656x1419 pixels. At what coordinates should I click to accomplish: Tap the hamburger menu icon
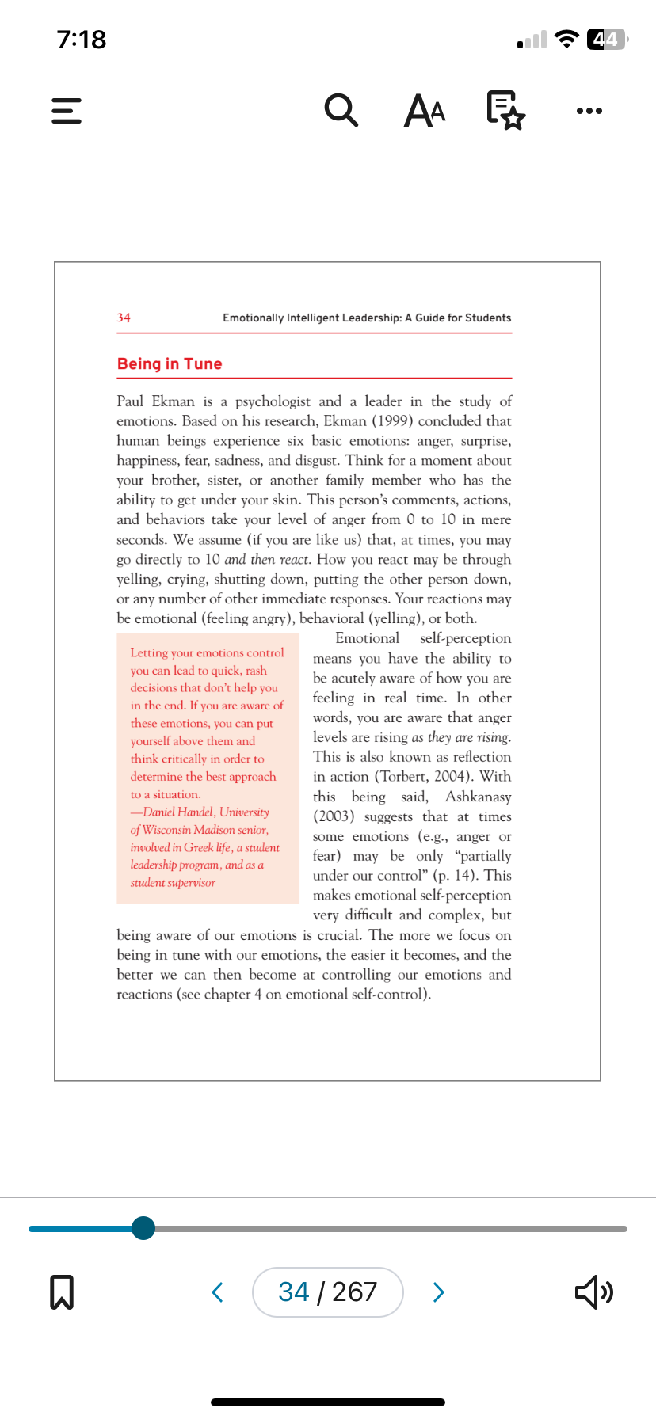[67, 111]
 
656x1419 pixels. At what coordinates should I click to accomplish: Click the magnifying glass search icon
[341, 110]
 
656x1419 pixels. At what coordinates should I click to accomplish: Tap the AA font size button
[425, 110]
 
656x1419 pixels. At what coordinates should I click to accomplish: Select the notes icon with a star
[505, 110]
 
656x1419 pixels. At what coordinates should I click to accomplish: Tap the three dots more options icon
[589, 111]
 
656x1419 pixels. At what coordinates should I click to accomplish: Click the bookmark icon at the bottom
[62, 1292]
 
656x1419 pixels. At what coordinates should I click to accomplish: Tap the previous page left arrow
[218, 1292]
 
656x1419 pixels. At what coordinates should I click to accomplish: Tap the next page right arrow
[438, 1292]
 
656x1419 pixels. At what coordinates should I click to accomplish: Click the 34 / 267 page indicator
[327, 1292]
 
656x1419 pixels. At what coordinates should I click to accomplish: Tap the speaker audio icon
[593, 1292]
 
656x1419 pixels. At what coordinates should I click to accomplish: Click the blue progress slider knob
[143, 1228]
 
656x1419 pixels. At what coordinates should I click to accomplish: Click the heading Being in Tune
[170, 363]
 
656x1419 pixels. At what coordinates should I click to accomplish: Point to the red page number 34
[124, 318]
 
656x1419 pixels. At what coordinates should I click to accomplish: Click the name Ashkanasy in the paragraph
[478, 797]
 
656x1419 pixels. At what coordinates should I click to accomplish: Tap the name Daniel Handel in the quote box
[178, 812]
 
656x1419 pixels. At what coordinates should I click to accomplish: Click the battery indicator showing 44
[606, 39]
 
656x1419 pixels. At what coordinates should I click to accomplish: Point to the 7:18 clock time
[82, 39]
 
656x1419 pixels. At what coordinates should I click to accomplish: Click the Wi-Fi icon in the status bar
[566, 39]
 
